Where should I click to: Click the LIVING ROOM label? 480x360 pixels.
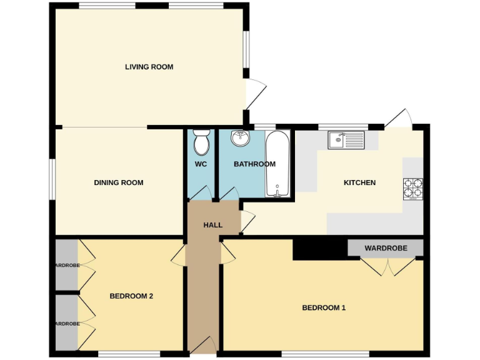tap(149, 67)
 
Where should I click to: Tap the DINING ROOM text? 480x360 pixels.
tap(118, 182)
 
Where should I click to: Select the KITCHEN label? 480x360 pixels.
tap(360, 182)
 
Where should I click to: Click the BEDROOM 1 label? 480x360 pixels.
tap(324, 307)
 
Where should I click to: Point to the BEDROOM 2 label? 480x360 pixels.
tap(131, 296)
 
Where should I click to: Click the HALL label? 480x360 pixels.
tap(213, 224)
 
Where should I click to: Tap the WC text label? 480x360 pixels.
tap(201, 164)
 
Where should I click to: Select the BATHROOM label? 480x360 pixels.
tap(254, 164)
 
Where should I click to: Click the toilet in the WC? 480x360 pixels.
tap(201, 142)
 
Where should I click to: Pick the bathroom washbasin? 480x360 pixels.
tap(240, 138)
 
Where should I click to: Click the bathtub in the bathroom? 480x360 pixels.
tap(276, 164)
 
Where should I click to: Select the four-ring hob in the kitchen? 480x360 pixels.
tap(413, 188)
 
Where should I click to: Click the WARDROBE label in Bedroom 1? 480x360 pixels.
tap(386, 248)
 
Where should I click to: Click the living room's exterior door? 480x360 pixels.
tap(256, 95)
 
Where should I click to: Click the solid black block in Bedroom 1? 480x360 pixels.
tap(319, 247)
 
